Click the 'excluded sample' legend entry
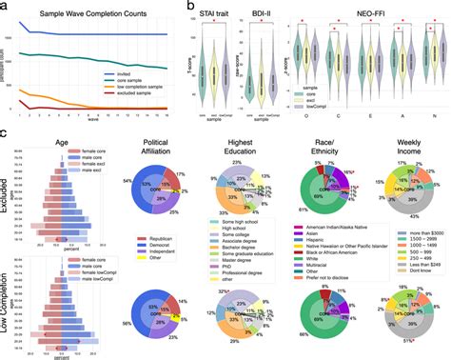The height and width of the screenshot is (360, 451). (167, 98)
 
